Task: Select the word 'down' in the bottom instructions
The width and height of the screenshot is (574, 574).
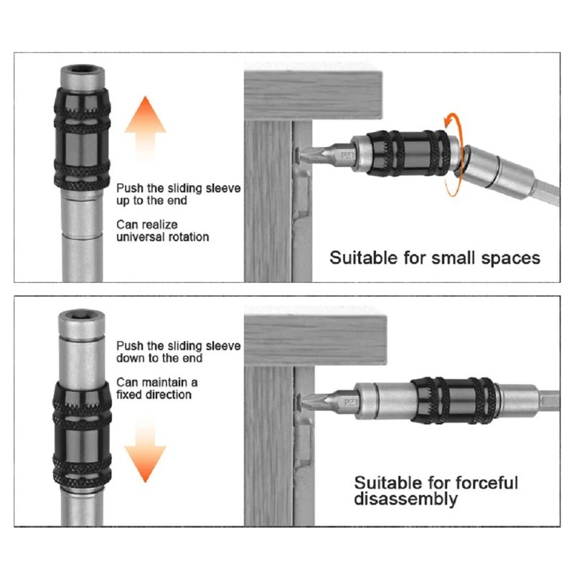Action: pyautogui.click(x=133, y=358)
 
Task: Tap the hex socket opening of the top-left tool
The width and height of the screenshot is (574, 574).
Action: pyautogui.click(x=81, y=72)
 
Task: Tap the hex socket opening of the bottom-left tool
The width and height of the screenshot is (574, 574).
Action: pyautogui.click(x=81, y=315)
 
